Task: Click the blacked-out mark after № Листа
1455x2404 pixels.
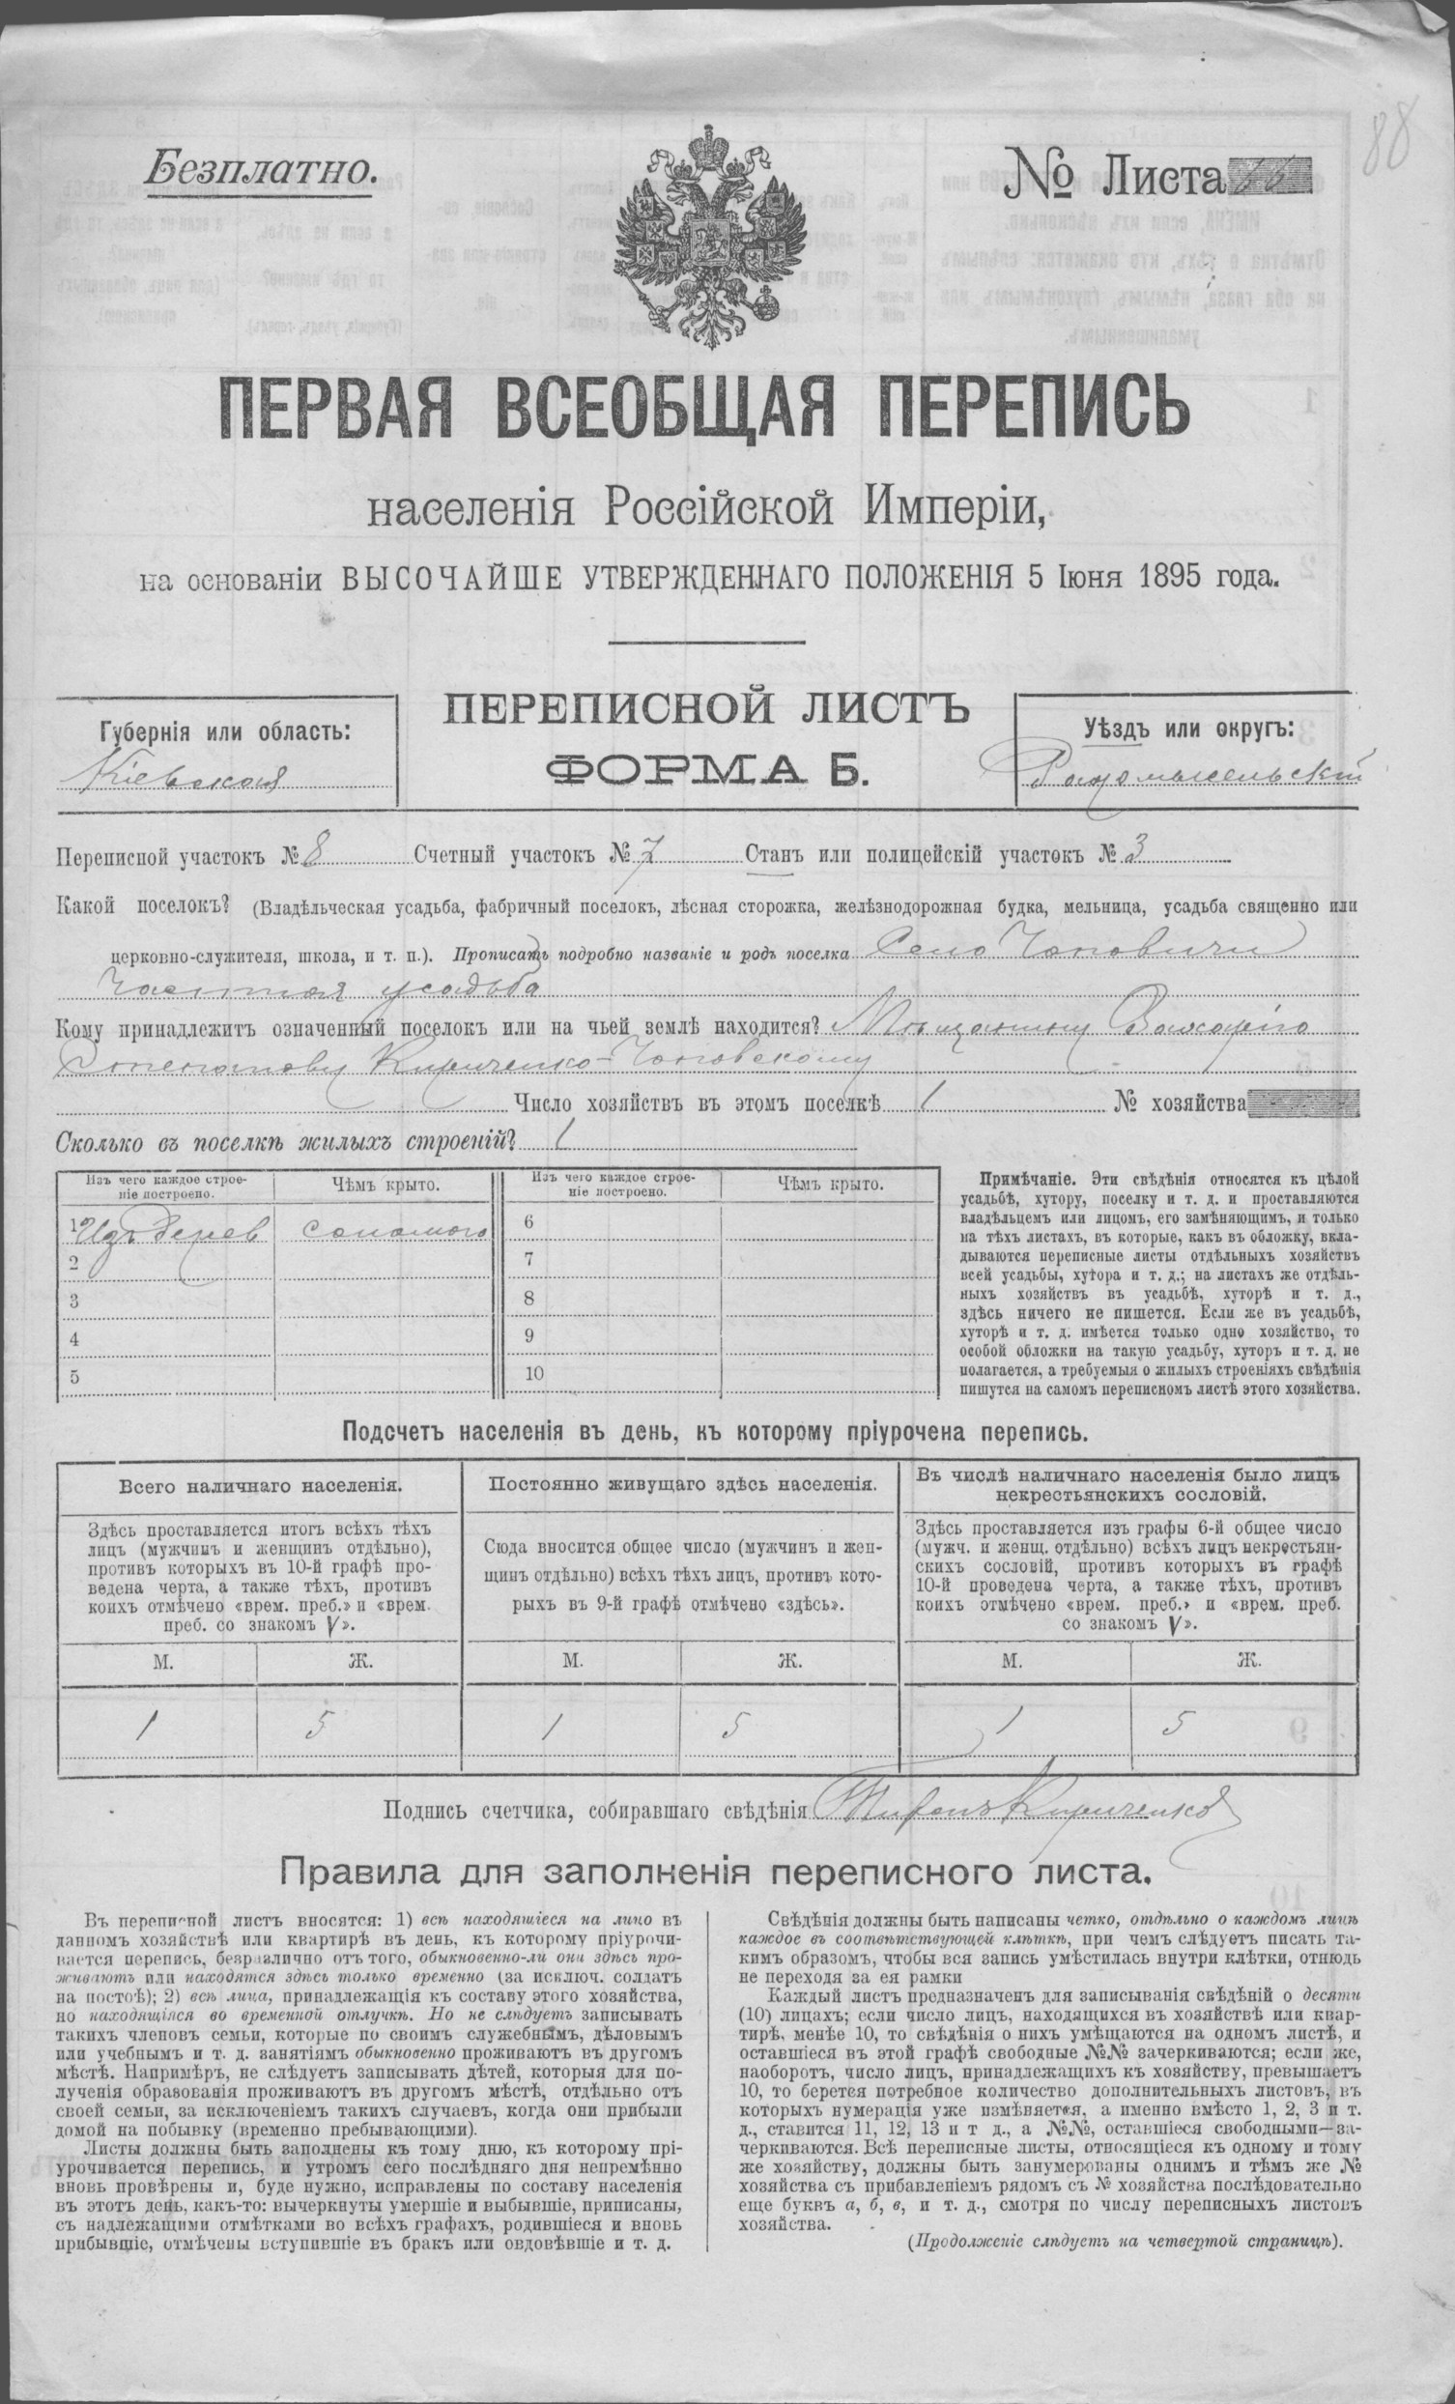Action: [x=1269, y=178]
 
